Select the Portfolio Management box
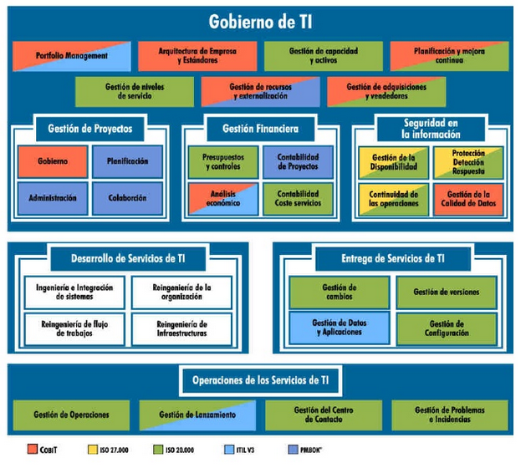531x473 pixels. pos(72,56)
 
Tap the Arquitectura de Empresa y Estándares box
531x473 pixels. pos(197,56)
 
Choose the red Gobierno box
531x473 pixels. pos(53,161)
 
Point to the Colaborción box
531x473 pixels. pos(127,198)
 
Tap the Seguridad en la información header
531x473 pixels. pos(430,128)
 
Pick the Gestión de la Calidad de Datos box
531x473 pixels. pos(468,200)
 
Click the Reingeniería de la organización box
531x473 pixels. pos(181,292)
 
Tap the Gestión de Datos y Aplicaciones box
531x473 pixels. pos(339,328)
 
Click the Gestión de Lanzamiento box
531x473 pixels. pos(197,415)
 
